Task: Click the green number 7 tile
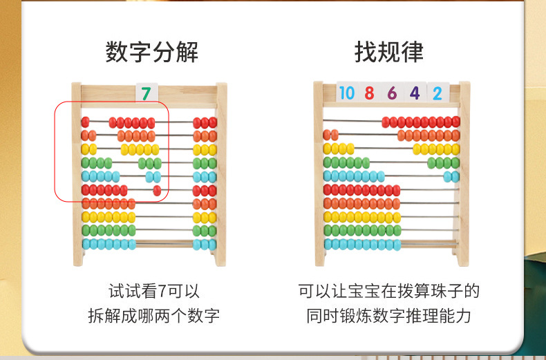146,93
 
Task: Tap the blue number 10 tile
347,93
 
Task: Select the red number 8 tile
369,93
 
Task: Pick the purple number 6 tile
392,93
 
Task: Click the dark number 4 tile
415,93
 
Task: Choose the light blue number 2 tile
437,93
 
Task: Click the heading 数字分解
152,52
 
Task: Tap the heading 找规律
389,52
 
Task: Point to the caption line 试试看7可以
154,291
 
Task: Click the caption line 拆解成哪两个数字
154,316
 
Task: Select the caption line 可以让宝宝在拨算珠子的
389,291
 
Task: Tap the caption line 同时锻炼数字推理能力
389,316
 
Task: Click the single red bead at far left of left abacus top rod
85,122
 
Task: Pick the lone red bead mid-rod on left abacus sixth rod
157,190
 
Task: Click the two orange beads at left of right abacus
330,135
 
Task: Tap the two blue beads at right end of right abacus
451,176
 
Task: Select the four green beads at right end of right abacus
444,163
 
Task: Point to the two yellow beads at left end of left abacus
88,149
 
